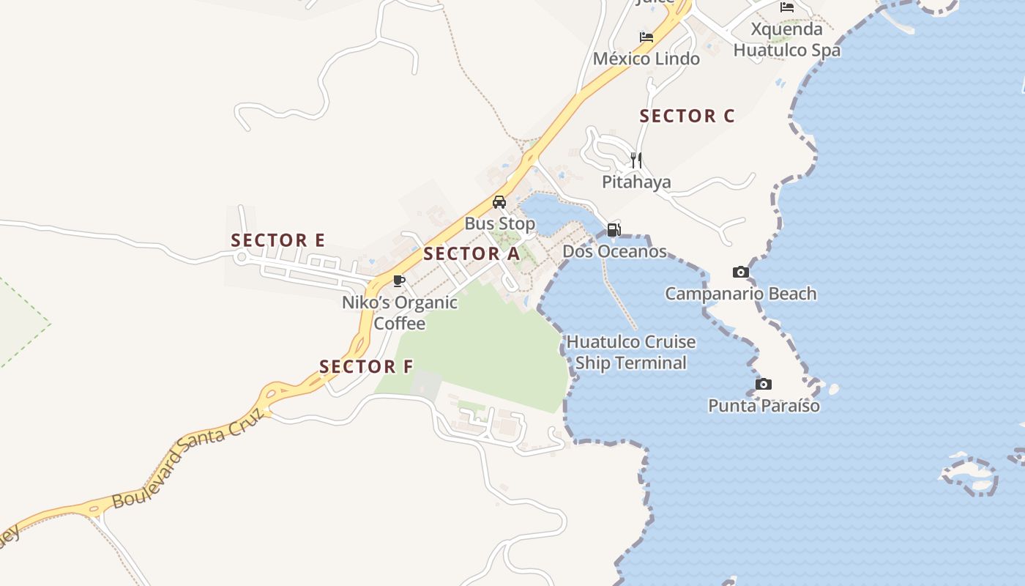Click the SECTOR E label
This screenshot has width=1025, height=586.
278,240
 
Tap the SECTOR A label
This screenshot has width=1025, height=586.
471,254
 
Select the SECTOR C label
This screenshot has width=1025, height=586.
687,116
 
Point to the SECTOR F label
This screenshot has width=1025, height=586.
366,366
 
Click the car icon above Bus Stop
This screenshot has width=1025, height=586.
499,202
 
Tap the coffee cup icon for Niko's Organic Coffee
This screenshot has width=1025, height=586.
399,281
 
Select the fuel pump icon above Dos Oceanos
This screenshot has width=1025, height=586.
614,230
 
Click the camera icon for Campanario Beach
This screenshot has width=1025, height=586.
741,272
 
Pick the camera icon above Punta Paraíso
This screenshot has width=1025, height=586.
763,385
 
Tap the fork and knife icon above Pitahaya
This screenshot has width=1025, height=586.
636,160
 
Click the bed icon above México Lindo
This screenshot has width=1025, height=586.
646,37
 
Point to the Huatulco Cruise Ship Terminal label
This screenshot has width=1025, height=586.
631,352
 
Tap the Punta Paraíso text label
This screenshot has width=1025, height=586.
764,406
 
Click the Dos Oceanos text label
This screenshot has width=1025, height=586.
614,252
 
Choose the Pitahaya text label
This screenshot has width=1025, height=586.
636,182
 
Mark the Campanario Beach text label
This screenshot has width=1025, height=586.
740,294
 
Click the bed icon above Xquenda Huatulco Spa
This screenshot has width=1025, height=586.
787,8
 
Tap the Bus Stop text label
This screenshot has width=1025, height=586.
500,223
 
